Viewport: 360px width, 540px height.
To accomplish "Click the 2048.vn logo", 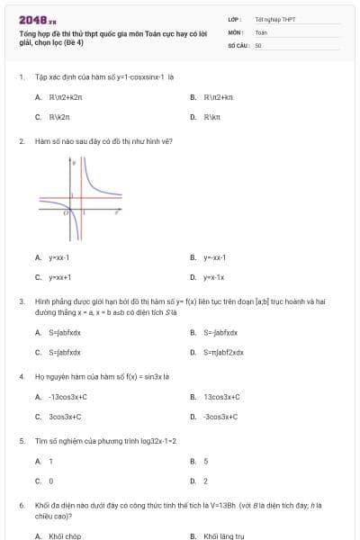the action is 36,19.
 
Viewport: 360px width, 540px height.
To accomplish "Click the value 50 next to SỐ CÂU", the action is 258,43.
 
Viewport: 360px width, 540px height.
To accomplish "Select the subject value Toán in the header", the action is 261,31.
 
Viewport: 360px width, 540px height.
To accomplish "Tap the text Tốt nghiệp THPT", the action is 268,19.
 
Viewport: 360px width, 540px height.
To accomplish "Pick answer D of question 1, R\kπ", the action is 212,116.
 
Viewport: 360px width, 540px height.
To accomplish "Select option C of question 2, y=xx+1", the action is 59,277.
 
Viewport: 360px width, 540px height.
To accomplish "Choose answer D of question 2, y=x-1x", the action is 213,277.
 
